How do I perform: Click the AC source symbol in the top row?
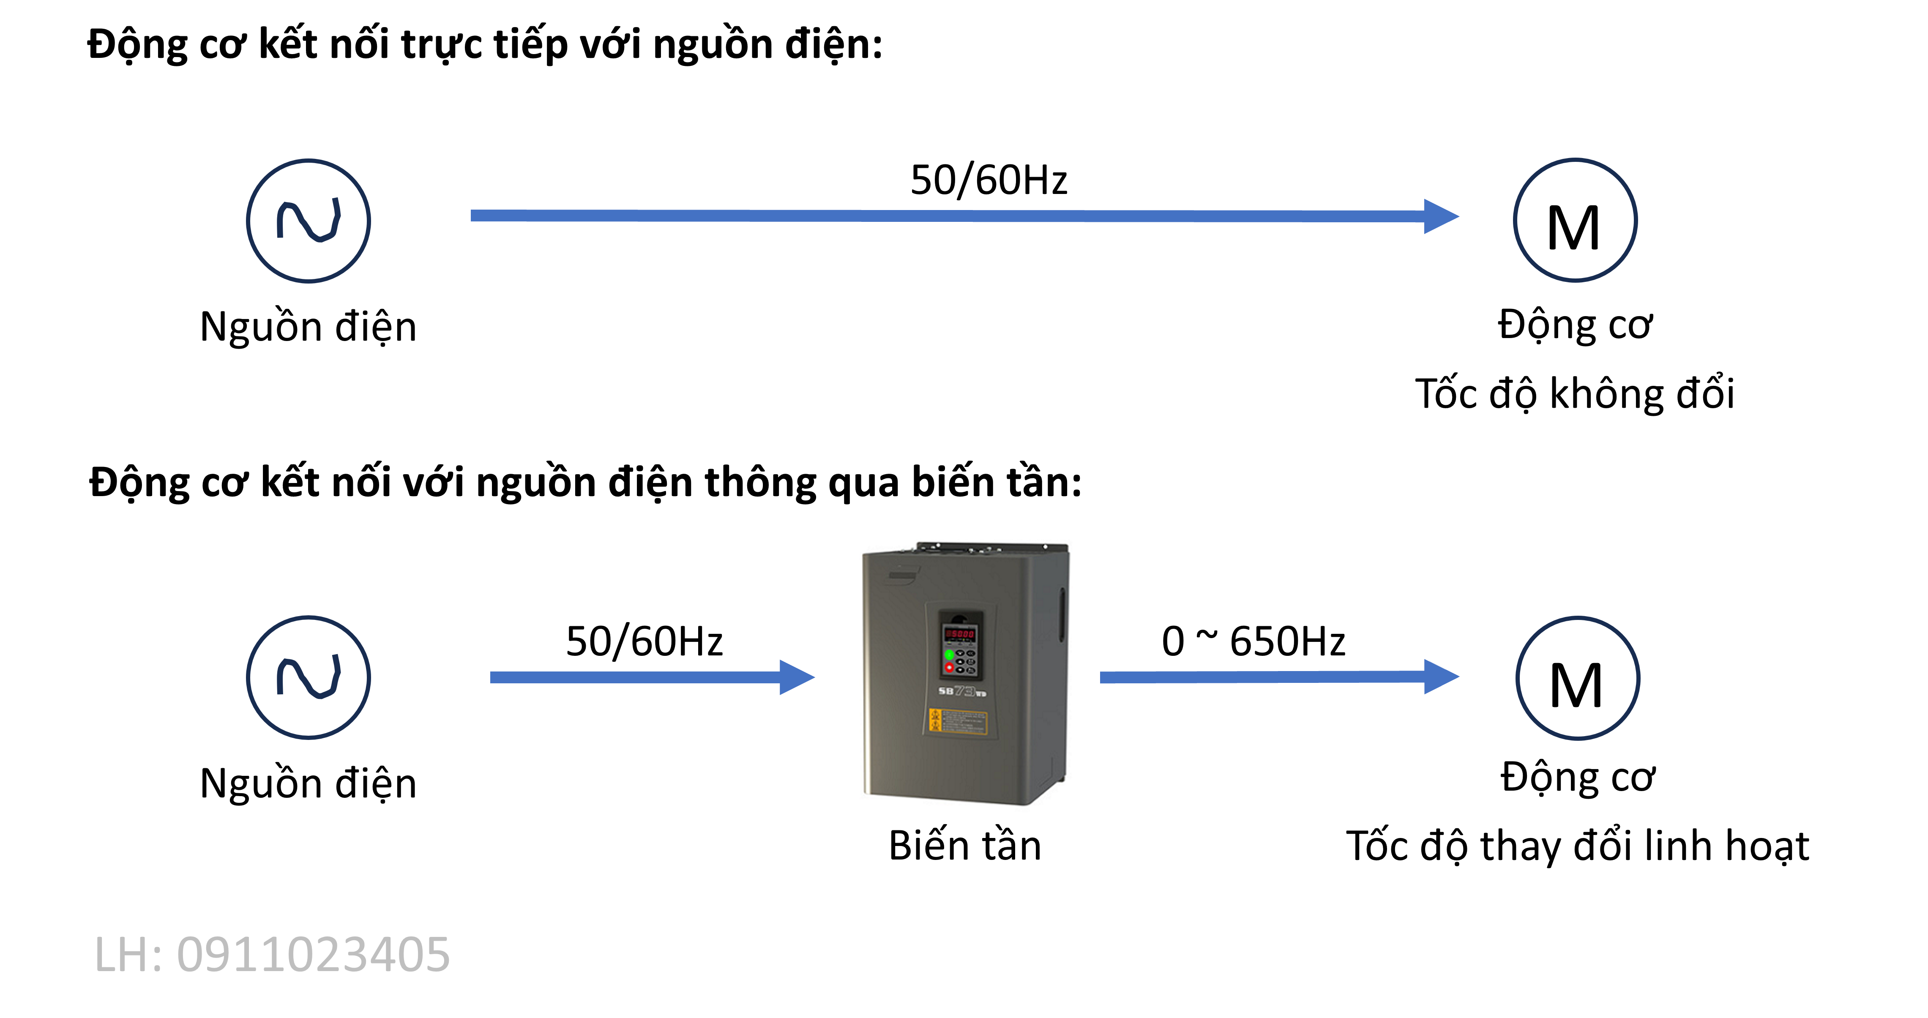[309, 221]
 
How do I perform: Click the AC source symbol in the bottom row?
[309, 677]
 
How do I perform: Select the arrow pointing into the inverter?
[636, 677]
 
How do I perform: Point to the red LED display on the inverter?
[959, 634]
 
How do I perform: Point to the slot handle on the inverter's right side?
[1061, 614]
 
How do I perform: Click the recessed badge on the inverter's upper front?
[904, 575]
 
